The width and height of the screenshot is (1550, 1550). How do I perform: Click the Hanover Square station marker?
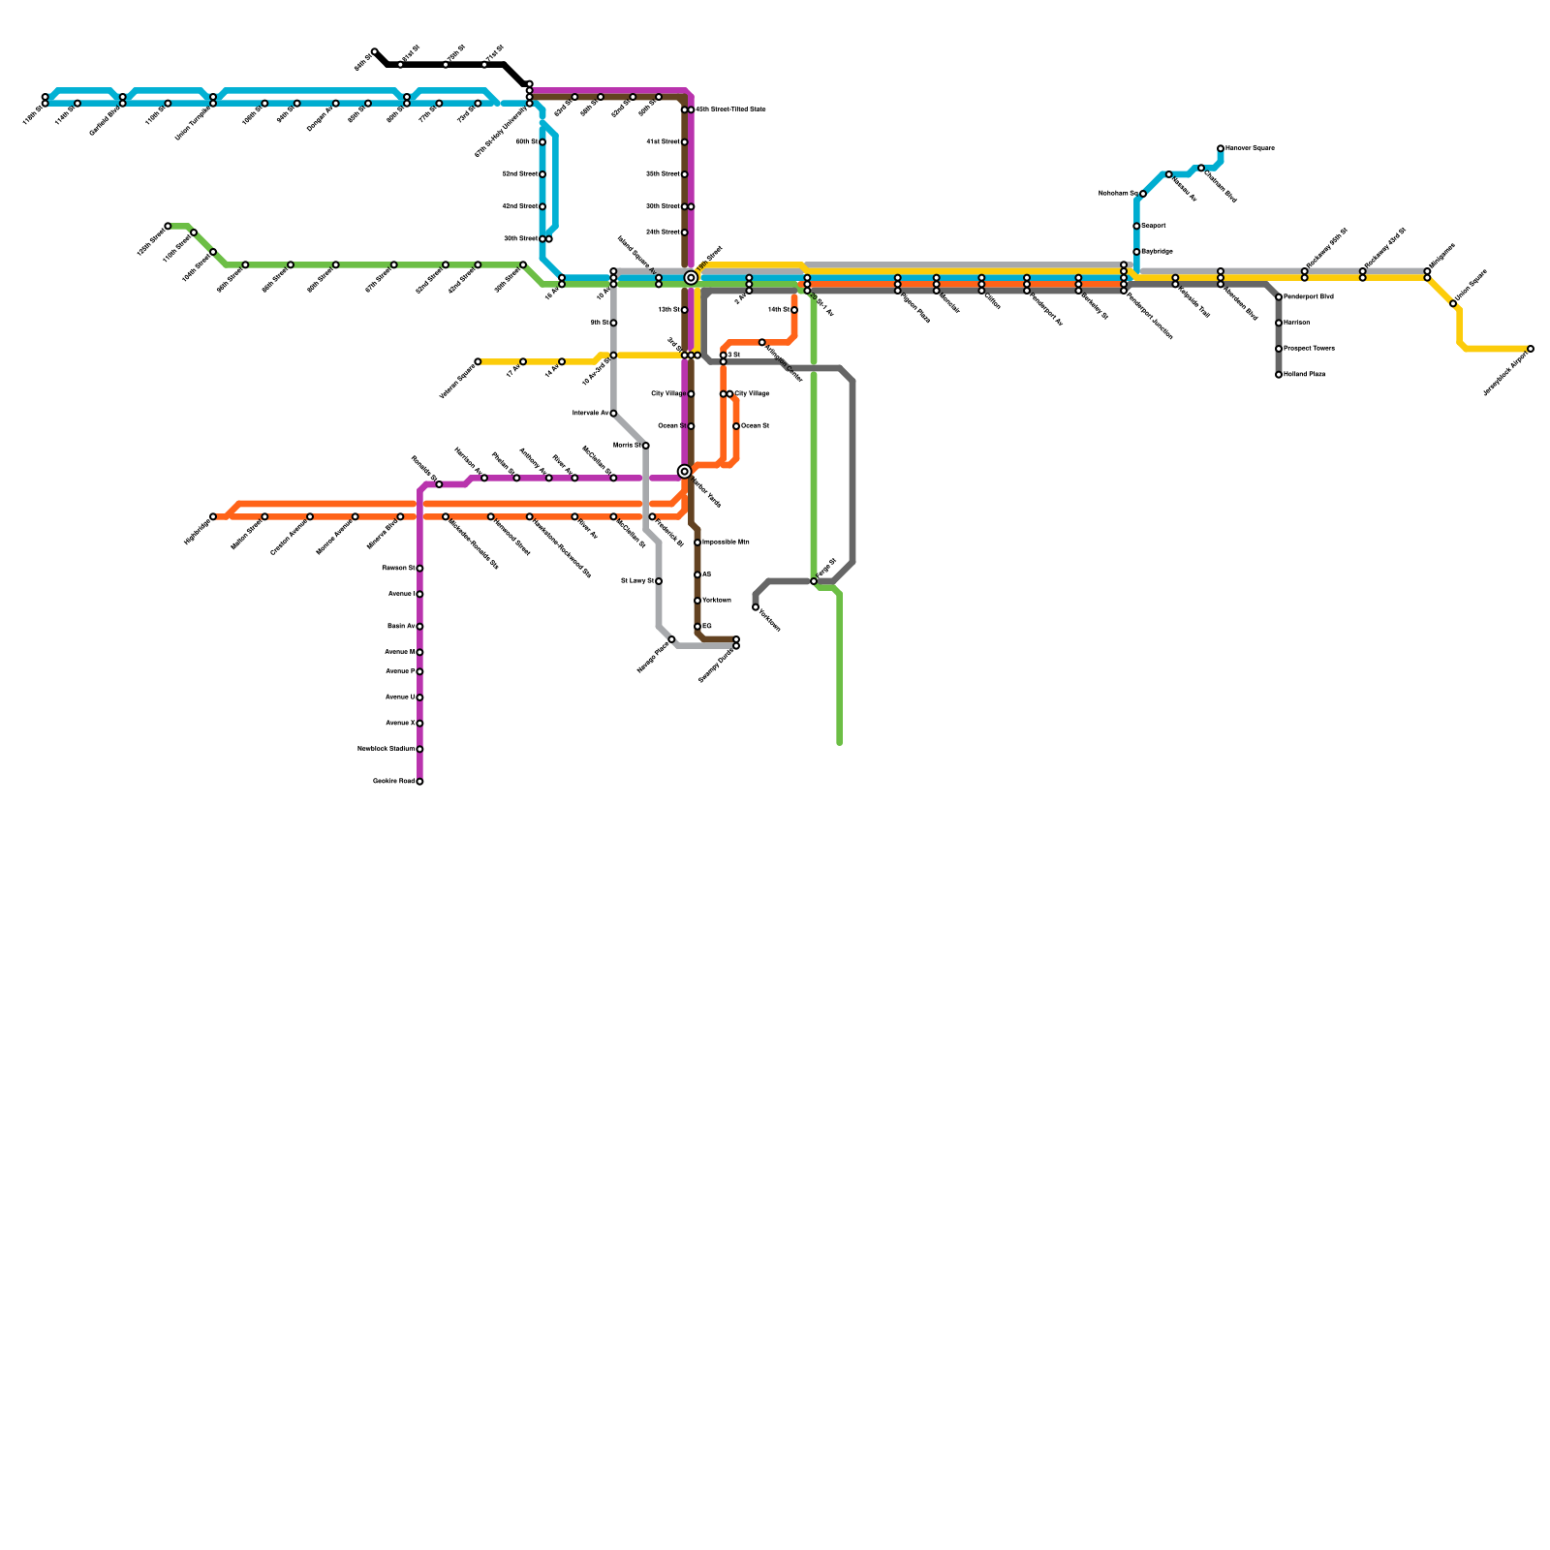tap(1221, 148)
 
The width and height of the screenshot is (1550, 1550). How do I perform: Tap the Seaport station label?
tap(1154, 226)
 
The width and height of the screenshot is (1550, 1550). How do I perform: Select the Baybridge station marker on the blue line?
tap(1136, 252)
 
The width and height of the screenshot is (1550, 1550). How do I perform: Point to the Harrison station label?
tap(1296, 323)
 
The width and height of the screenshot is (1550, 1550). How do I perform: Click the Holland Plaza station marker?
tap(1279, 375)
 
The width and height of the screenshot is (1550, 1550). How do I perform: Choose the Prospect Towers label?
tap(1309, 349)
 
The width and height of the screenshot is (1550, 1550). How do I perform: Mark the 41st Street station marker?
tap(685, 142)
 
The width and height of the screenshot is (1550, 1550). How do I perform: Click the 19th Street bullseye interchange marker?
tap(691, 278)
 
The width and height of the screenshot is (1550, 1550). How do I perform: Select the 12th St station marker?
tap(685, 310)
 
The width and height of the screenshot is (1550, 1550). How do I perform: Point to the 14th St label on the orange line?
tap(778, 310)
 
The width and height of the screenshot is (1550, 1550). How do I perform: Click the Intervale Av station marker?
tap(613, 414)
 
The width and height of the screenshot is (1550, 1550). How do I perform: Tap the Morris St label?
tap(628, 446)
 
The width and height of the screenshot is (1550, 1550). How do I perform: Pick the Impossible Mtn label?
tap(725, 542)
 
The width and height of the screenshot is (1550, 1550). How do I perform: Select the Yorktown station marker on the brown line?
tap(697, 601)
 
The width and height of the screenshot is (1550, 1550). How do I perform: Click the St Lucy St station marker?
tap(659, 581)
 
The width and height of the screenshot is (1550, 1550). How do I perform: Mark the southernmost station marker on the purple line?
tap(419, 782)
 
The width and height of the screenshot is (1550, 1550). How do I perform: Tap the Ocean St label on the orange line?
tap(755, 426)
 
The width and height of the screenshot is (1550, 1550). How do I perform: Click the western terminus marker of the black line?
tap(375, 51)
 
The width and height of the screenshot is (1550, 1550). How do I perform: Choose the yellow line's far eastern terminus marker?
tap(1531, 349)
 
